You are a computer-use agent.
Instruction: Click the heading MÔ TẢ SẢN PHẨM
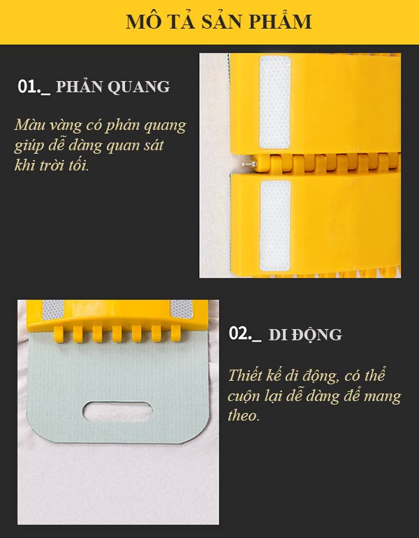(219, 21)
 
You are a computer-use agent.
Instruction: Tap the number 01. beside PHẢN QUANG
(29, 87)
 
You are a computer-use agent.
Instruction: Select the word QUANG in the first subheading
(138, 87)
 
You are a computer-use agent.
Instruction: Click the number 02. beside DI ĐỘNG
(240, 333)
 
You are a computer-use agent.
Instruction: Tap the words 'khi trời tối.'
(52, 166)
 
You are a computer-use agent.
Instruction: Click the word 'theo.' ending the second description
(244, 416)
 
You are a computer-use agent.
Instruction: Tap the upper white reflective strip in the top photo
(275, 102)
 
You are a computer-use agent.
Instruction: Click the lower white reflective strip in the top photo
(275, 226)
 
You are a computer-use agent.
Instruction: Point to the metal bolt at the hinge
(249, 164)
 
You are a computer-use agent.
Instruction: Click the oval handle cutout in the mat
(117, 411)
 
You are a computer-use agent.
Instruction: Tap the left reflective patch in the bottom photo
(53, 310)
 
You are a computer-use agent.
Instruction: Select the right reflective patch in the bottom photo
(181, 309)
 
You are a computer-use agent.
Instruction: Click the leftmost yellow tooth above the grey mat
(58, 334)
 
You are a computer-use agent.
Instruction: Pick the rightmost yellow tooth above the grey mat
(176, 333)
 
